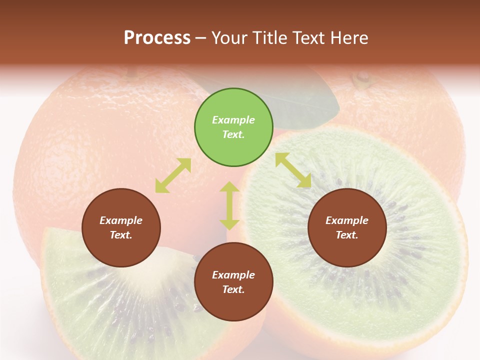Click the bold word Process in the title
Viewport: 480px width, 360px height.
(x=157, y=38)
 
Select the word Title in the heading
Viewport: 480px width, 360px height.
(x=269, y=38)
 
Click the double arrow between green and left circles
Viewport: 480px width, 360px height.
(x=173, y=175)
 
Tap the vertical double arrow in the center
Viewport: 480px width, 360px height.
(x=229, y=205)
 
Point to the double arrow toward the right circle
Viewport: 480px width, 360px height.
(x=293, y=170)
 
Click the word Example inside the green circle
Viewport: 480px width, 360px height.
(x=233, y=120)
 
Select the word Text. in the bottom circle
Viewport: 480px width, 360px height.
(x=233, y=289)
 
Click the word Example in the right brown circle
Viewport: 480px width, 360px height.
(x=347, y=220)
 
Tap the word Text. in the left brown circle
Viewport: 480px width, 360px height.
(x=121, y=235)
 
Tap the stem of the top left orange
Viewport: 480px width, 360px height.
(x=131, y=73)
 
